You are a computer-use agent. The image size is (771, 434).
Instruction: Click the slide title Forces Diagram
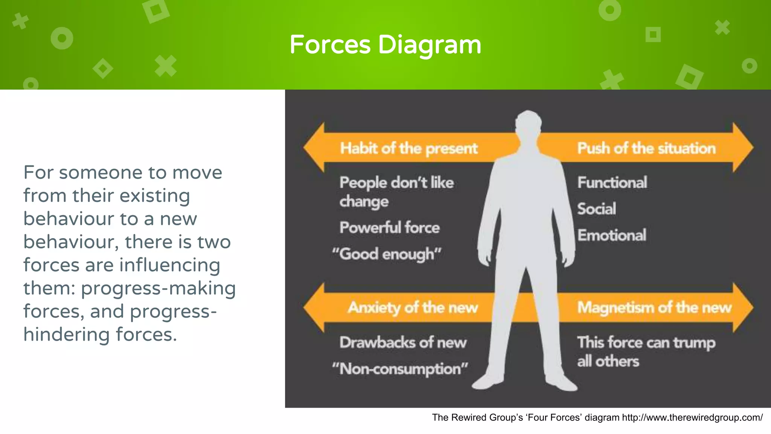pyautogui.click(x=385, y=45)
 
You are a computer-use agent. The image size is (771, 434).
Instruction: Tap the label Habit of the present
pyautogui.click(x=408, y=148)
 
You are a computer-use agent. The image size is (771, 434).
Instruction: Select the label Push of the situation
pyautogui.click(x=646, y=148)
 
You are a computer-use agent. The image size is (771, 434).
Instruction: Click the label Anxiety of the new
pyautogui.click(x=413, y=308)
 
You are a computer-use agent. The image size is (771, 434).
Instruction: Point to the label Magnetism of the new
pyautogui.click(x=654, y=308)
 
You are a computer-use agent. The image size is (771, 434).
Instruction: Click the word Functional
pyautogui.click(x=612, y=183)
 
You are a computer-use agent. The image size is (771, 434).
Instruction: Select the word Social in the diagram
pyautogui.click(x=596, y=209)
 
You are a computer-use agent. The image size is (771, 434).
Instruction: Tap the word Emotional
pyautogui.click(x=612, y=235)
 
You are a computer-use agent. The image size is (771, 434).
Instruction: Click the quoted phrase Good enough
pyautogui.click(x=387, y=254)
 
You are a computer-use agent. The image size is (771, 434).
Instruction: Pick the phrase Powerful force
pyautogui.click(x=389, y=228)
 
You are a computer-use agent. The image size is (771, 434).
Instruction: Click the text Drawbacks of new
pyautogui.click(x=403, y=342)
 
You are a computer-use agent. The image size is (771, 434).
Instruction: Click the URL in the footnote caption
pyautogui.click(x=692, y=417)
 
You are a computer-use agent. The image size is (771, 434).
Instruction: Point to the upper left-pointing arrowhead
pyautogui.click(x=314, y=148)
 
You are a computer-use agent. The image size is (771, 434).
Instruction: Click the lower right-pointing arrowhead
pyautogui.click(x=742, y=307)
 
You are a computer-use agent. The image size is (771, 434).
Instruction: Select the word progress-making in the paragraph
pyautogui.click(x=158, y=288)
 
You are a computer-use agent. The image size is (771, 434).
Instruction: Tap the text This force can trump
pyautogui.click(x=646, y=342)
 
